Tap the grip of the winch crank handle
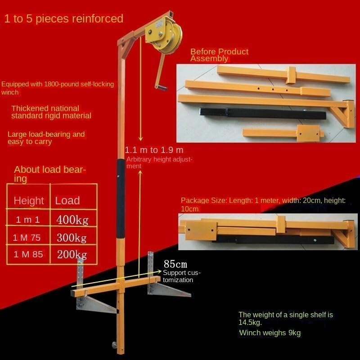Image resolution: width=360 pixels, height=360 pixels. (161, 87)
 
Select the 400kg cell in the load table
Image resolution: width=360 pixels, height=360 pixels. (72, 220)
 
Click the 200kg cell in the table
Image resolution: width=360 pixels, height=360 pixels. (72, 254)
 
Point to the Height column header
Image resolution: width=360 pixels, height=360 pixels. (29, 201)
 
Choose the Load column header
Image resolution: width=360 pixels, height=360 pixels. (67, 200)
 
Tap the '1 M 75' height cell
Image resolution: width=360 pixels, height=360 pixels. (27, 238)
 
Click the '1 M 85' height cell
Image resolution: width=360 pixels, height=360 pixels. (28, 254)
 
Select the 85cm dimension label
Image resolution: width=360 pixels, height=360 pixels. (175, 264)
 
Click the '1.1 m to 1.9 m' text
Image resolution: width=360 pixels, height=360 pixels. (154, 150)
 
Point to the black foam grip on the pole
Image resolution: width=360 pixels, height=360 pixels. (121, 199)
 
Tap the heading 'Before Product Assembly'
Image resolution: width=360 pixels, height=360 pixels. (219, 55)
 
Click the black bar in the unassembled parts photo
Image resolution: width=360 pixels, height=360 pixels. (263, 113)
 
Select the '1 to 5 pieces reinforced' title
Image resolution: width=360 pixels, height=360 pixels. (64, 18)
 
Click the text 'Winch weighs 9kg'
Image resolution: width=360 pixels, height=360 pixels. (270, 333)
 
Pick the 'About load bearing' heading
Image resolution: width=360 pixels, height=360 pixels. (50, 174)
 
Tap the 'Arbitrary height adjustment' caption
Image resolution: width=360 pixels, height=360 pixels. (159, 162)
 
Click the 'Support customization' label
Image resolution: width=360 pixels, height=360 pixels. (182, 276)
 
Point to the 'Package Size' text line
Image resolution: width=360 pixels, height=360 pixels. (263, 204)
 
